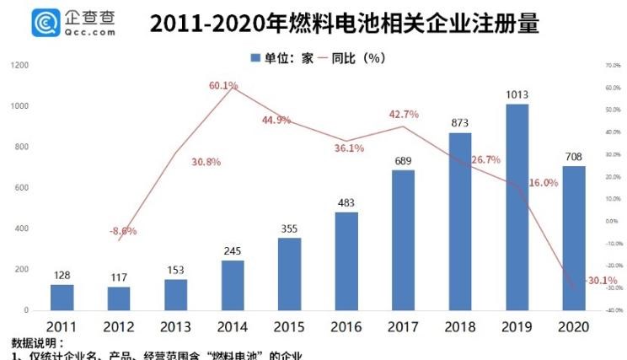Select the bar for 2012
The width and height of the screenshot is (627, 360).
tap(119, 298)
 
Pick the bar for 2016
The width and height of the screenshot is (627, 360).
tap(347, 261)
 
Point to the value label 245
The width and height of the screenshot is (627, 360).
tap(233, 250)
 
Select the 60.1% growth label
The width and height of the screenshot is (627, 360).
tap(223, 85)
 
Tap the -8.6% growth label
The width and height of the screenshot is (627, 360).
tap(123, 230)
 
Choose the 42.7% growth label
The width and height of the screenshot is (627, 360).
tap(404, 115)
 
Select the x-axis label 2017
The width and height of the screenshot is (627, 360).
tap(404, 326)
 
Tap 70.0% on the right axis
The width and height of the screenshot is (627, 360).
tap(613, 65)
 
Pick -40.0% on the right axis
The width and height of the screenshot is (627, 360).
tap(612, 310)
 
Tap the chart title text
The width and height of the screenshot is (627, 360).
tap(344, 23)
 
